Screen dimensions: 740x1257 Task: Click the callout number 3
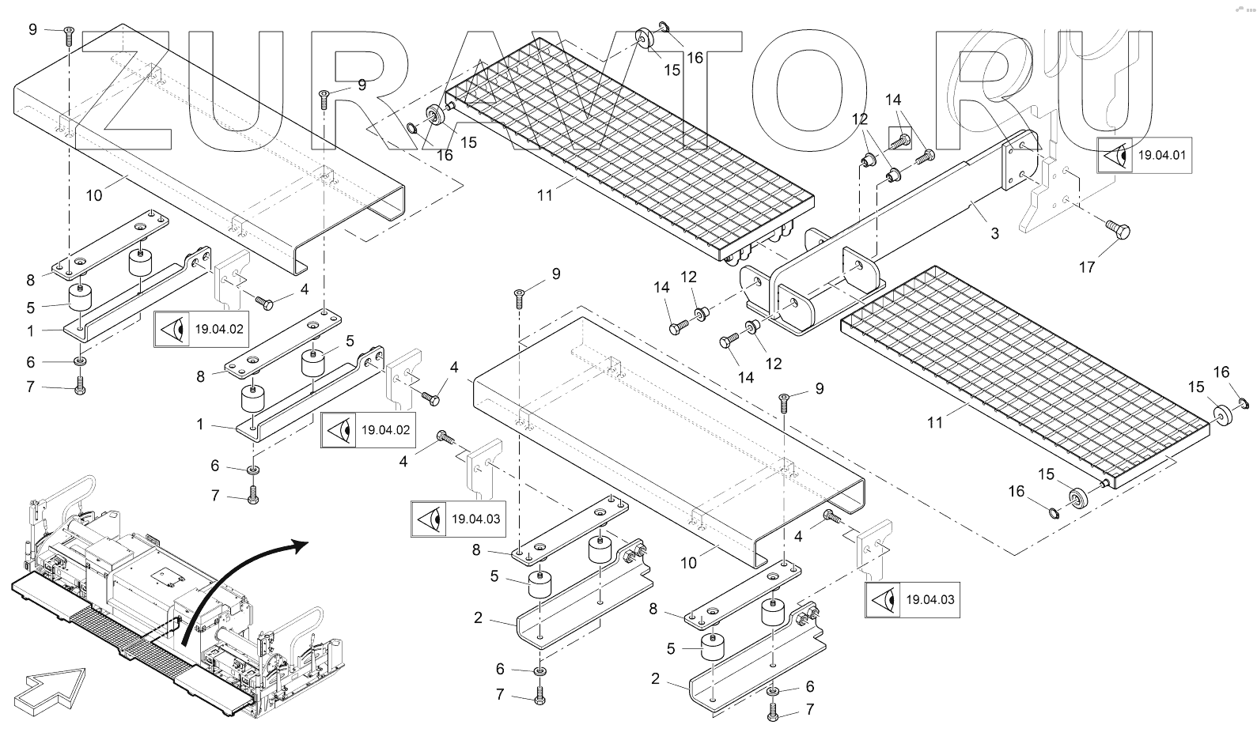point(994,233)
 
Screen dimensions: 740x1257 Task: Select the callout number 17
point(1087,267)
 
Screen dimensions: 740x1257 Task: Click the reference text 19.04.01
point(1161,155)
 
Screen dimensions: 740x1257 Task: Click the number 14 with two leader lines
point(893,100)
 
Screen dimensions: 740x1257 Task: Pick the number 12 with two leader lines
point(860,119)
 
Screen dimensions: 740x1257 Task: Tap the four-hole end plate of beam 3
point(1019,164)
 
